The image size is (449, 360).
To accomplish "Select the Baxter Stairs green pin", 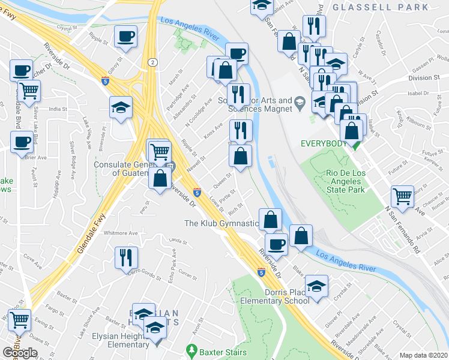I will (x=191, y=349).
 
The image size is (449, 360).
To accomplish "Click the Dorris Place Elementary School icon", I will (x=316, y=286).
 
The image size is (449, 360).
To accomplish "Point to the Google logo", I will (x=20, y=352).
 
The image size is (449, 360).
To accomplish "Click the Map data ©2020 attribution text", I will (x=424, y=355).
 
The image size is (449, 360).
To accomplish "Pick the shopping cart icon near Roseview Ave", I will (x=402, y=195).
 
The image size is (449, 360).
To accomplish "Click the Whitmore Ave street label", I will (x=121, y=232).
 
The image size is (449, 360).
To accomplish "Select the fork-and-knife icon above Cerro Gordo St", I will (x=127, y=257).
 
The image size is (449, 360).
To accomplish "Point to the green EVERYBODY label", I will (x=324, y=143).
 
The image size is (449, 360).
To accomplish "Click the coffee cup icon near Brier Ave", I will (x=22, y=142).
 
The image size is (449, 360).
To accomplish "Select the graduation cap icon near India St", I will (x=121, y=108).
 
